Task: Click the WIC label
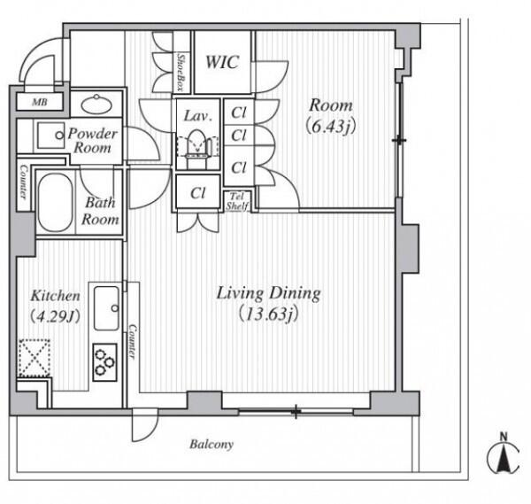click(222, 62)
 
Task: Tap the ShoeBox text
click(181, 73)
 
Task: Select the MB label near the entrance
click(40, 102)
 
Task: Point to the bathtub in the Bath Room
click(55, 203)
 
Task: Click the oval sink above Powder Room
click(96, 104)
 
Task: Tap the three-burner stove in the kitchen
click(104, 362)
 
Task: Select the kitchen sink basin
click(106, 308)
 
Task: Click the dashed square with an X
click(35, 357)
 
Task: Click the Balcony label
click(212, 444)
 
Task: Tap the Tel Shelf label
click(237, 201)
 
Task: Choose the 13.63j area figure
click(268, 314)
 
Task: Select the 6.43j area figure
click(330, 127)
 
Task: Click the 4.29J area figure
click(55, 316)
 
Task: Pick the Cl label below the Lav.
click(198, 193)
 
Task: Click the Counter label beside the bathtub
click(23, 182)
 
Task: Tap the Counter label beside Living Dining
click(133, 342)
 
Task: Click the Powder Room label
click(93, 140)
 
